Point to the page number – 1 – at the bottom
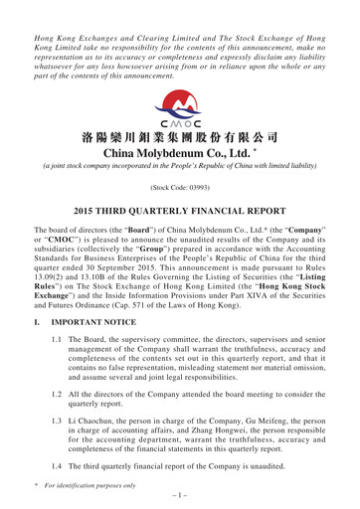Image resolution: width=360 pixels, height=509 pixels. [180, 500]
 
